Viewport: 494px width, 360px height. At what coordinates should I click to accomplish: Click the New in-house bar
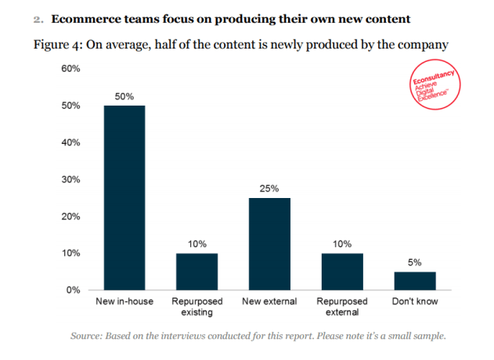(x=124, y=197)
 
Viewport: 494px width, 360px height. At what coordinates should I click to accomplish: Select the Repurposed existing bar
(x=197, y=271)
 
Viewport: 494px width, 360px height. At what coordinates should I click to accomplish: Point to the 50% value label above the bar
(x=125, y=96)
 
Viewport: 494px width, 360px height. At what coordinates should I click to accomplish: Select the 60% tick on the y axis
(x=70, y=69)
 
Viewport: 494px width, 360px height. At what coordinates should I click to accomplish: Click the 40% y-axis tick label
(x=70, y=142)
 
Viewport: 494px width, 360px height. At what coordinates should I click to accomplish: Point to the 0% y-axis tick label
(x=73, y=290)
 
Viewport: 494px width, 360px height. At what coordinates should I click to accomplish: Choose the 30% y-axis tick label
(x=70, y=179)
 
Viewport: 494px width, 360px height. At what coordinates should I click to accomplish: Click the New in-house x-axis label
(x=125, y=301)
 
